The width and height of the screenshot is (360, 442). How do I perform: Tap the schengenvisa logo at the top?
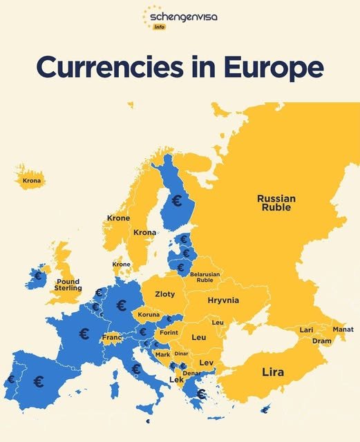tap(179, 17)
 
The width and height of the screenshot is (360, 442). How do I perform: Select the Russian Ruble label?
tap(276, 202)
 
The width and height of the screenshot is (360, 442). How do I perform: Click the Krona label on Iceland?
tap(32, 182)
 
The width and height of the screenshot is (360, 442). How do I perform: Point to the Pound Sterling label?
tap(68, 285)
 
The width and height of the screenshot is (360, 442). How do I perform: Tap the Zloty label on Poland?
tap(164, 294)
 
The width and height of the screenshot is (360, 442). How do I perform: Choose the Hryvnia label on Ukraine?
tap(222, 300)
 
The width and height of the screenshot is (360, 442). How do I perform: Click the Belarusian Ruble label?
tap(205, 278)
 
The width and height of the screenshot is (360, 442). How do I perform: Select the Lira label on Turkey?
tap(273, 372)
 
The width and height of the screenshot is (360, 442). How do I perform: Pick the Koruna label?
tap(149, 315)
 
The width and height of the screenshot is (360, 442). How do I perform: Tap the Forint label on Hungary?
tap(169, 332)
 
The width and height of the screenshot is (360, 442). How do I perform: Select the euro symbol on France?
tap(84, 334)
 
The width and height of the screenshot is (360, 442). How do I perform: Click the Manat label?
tap(343, 329)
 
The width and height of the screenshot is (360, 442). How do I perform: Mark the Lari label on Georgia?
tap(306, 330)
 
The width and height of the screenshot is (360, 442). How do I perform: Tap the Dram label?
tap(321, 340)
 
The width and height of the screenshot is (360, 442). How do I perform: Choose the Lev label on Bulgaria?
tap(206, 363)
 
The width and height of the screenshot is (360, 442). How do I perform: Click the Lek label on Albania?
tap(176, 380)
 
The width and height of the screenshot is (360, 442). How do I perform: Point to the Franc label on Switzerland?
tap(111, 338)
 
